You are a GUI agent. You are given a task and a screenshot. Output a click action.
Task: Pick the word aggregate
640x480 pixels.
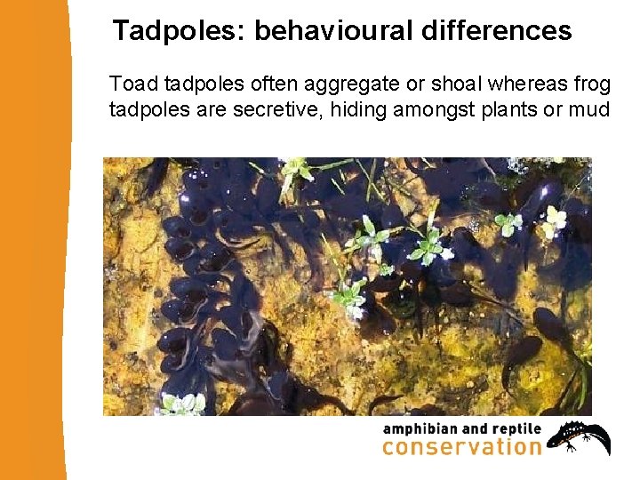337,85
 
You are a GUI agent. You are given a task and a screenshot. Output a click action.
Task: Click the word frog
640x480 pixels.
592,85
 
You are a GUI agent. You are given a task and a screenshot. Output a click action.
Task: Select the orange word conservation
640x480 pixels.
461,448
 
